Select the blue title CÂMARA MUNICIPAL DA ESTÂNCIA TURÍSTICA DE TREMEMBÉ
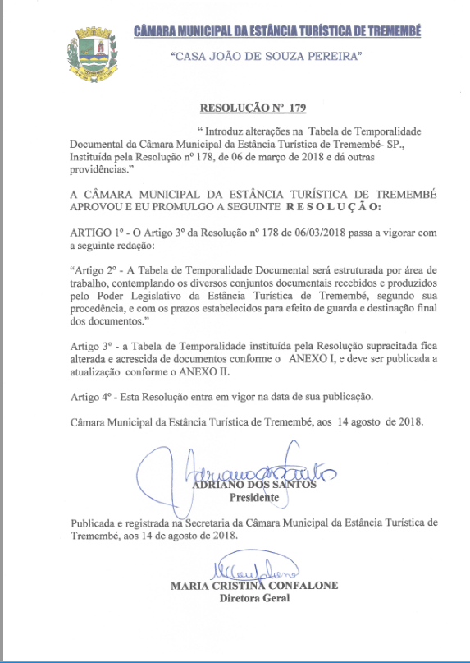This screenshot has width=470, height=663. [x=278, y=31]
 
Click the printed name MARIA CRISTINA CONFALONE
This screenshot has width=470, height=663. [x=254, y=587]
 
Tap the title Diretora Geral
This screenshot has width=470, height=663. [x=254, y=599]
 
